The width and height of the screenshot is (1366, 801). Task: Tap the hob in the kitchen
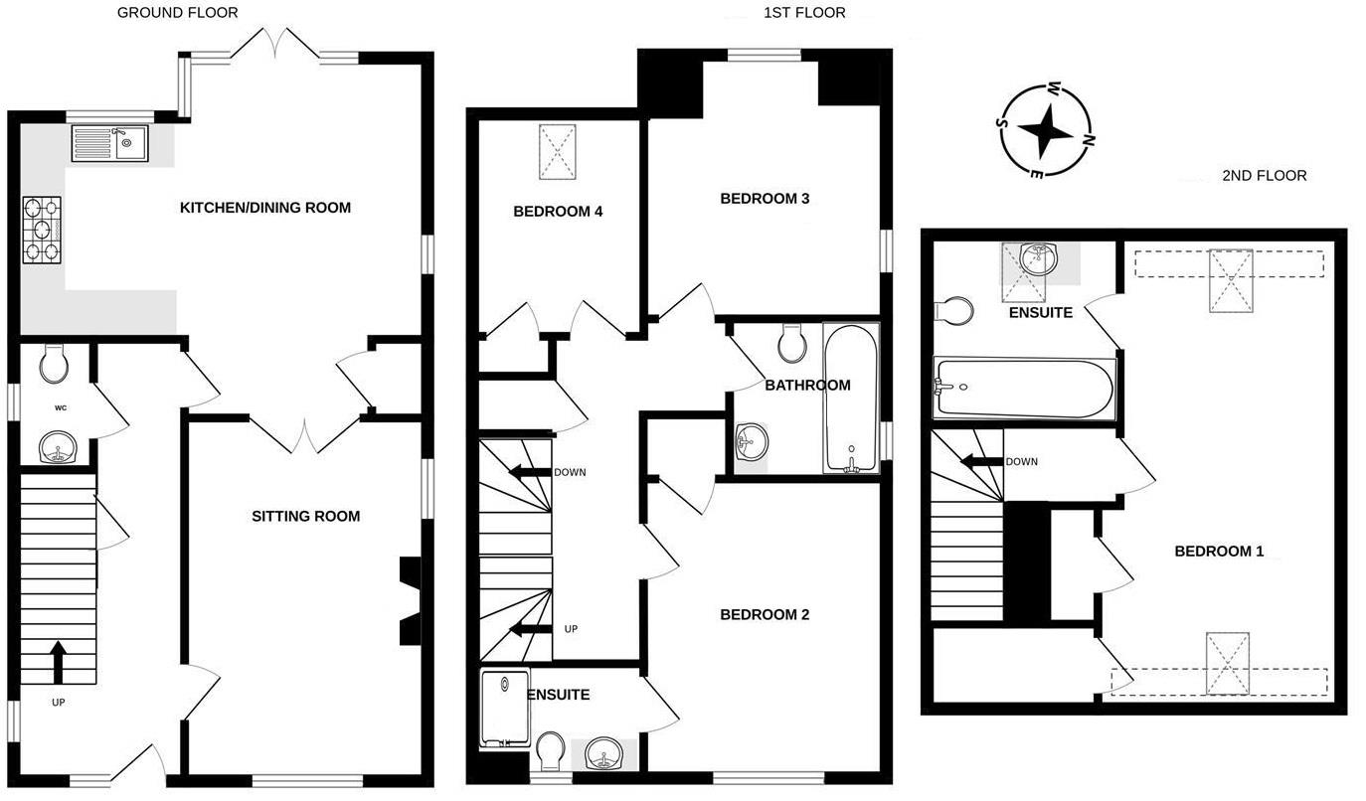(42, 230)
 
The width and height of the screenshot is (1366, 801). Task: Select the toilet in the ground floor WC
(54, 364)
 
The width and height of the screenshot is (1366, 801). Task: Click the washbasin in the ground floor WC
(59, 450)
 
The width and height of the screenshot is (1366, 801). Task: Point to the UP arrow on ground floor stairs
(58, 662)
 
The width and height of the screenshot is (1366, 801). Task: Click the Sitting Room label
(305, 516)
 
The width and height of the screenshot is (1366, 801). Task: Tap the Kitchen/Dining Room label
(264, 208)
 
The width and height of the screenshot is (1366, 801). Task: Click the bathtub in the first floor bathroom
(851, 398)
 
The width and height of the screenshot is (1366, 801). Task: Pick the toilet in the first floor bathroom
(792, 343)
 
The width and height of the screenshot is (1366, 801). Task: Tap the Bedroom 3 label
(765, 199)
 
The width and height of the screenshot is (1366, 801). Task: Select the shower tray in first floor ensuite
(505, 709)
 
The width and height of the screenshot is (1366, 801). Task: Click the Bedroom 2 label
(765, 615)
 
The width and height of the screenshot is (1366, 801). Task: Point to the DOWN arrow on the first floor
(530, 473)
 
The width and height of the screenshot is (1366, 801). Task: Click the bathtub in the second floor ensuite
(1025, 387)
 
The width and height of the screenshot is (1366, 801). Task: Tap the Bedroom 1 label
(1219, 552)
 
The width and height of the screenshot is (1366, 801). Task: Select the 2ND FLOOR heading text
(1264, 176)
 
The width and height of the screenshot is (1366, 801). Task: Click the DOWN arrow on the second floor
(980, 462)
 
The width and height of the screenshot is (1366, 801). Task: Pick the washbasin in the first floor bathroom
(752, 441)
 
